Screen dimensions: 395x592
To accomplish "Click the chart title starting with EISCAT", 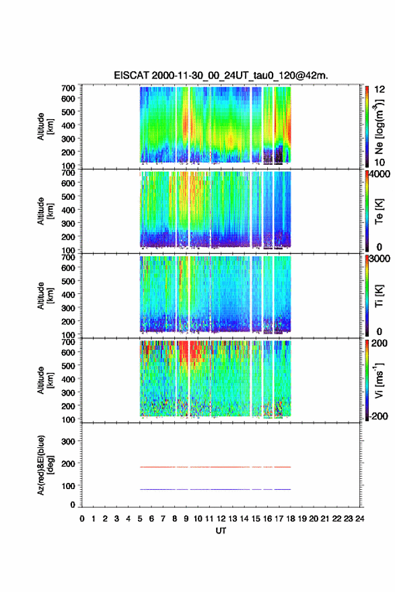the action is (221, 75).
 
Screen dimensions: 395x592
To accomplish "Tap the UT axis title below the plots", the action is (221, 531).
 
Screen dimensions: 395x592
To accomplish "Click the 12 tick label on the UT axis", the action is (221, 519).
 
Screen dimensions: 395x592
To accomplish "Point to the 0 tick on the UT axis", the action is (82, 519).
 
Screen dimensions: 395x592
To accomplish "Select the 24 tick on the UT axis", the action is (359, 519).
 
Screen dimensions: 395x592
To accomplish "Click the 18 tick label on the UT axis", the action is (291, 519).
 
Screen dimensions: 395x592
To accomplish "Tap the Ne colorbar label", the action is (379, 127).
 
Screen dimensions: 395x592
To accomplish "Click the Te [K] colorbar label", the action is (379, 211).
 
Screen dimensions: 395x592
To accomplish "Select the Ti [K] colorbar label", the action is (379, 295).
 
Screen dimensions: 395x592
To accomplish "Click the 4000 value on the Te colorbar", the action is (380, 174).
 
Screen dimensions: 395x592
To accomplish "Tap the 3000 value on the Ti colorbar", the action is (380, 258).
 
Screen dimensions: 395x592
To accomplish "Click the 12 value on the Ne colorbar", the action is (380, 89).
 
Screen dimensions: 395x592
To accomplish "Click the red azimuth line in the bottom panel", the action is (215, 467).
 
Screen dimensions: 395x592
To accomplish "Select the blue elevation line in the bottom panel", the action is (215, 489).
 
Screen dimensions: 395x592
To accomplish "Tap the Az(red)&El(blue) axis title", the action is (45, 465).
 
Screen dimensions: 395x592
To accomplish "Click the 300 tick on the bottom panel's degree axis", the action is (69, 441).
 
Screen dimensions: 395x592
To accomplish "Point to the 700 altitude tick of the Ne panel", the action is (69, 88).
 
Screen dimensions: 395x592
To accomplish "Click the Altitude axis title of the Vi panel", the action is (45, 380).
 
